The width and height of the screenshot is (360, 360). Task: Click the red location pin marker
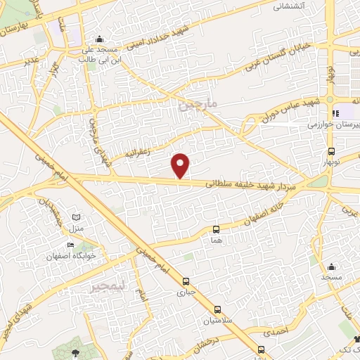(181, 165)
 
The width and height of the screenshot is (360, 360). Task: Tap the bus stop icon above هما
(216, 229)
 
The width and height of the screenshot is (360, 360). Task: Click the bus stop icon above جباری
(186, 278)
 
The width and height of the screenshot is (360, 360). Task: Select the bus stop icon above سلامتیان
(217, 309)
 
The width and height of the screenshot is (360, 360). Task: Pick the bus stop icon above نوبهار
(330, 152)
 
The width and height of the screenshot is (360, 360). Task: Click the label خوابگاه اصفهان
(68, 255)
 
